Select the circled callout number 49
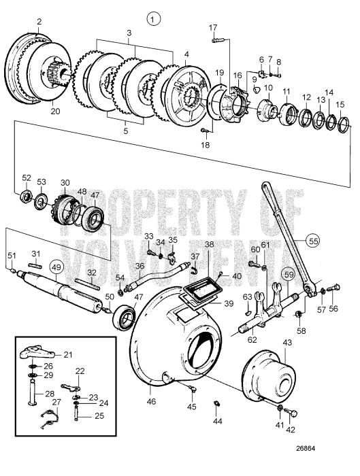(56, 266)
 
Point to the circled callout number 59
(290, 275)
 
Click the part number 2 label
(39, 22)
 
